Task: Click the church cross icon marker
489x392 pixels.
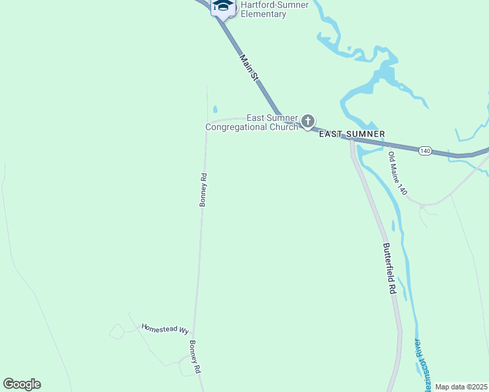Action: point(308,121)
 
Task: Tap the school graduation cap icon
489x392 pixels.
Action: point(224,6)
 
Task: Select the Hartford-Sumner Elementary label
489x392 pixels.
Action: point(265,9)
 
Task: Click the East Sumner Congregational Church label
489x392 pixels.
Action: point(252,122)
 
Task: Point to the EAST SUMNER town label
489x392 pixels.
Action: point(351,134)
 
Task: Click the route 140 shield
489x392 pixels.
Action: point(425,150)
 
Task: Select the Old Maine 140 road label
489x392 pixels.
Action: point(397,174)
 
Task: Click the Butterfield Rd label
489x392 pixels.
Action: point(389,268)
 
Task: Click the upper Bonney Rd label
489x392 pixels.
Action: point(203,189)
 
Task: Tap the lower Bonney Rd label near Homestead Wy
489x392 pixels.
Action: point(195,357)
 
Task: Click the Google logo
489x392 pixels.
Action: point(22,384)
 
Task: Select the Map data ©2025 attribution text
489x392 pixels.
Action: point(461,387)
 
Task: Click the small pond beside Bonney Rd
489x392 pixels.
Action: point(215,109)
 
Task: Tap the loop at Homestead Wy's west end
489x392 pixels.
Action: point(116,332)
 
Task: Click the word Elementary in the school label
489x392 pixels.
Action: point(263,14)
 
